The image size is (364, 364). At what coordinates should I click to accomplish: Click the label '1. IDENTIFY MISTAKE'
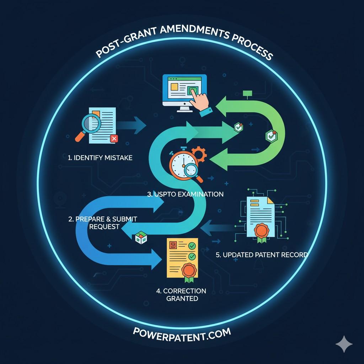(x=100, y=158)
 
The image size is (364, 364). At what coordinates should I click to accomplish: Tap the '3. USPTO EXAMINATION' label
(x=185, y=194)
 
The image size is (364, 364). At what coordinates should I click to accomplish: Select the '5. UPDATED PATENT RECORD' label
(x=262, y=255)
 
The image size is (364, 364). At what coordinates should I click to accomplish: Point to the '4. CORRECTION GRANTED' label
(x=181, y=295)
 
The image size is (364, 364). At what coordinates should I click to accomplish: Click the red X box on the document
(x=114, y=139)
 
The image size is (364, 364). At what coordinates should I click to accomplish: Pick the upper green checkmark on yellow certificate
(x=192, y=246)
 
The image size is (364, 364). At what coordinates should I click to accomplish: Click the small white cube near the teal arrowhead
(x=141, y=237)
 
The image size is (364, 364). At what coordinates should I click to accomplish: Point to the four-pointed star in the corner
(x=344, y=344)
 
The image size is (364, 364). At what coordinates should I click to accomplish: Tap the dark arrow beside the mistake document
(x=131, y=125)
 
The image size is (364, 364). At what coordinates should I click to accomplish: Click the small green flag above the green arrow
(x=247, y=94)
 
